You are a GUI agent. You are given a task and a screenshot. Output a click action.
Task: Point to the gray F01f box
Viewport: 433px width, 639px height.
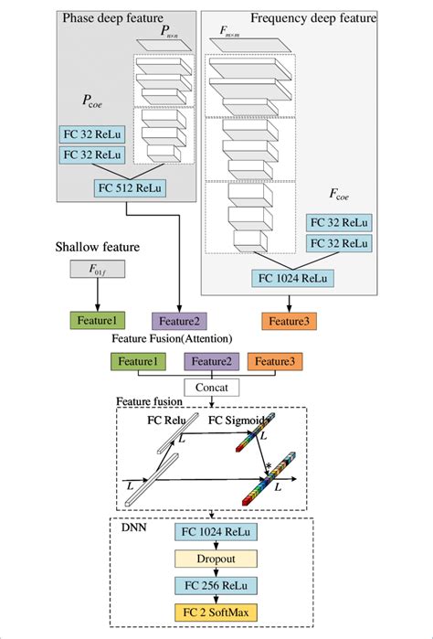point(95,270)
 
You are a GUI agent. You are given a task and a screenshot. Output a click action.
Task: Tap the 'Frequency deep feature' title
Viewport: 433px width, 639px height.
point(312,16)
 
